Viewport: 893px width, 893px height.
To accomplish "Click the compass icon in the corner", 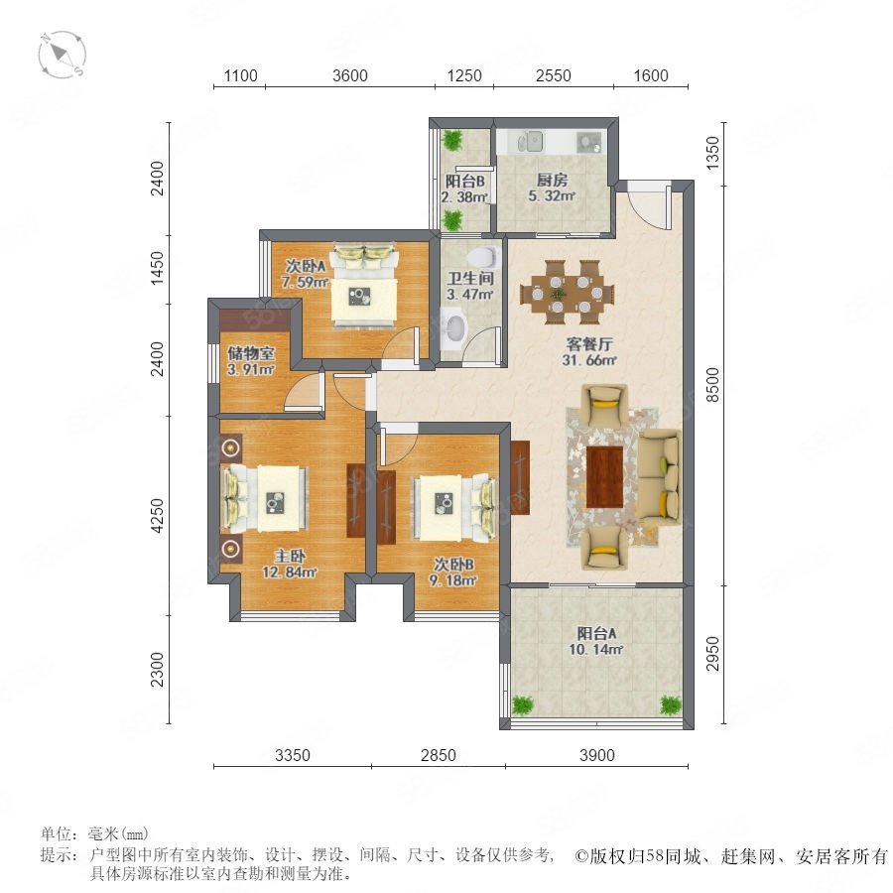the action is (x=63, y=55).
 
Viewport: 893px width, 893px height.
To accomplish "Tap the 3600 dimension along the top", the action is (x=349, y=75).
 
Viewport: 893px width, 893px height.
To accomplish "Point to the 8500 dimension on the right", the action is (x=712, y=384).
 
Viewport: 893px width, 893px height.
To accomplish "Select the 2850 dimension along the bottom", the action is (x=438, y=755).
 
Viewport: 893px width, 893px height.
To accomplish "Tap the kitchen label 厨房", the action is (x=552, y=180).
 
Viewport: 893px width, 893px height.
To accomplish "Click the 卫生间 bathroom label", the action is (x=470, y=279).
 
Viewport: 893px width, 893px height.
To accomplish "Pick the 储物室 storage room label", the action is (x=251, y=353).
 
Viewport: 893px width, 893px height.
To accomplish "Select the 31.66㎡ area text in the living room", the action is (x=589, y=360).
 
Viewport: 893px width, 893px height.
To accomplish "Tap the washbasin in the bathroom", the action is (x=454, y=326).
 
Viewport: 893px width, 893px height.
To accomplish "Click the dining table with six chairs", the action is (x=568, y=292).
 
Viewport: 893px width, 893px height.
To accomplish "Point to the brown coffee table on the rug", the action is (x=605, y=477).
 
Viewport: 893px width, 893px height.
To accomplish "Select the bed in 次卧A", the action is (x=364, y=286).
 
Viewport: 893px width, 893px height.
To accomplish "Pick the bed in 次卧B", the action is (x=453, y=508).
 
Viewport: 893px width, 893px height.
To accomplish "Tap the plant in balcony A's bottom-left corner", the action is (x=522, y=705).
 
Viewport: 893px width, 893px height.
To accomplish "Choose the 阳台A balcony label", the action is (x=596, y=633).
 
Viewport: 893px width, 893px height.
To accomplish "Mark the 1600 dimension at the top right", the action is (x=650, y=75).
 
